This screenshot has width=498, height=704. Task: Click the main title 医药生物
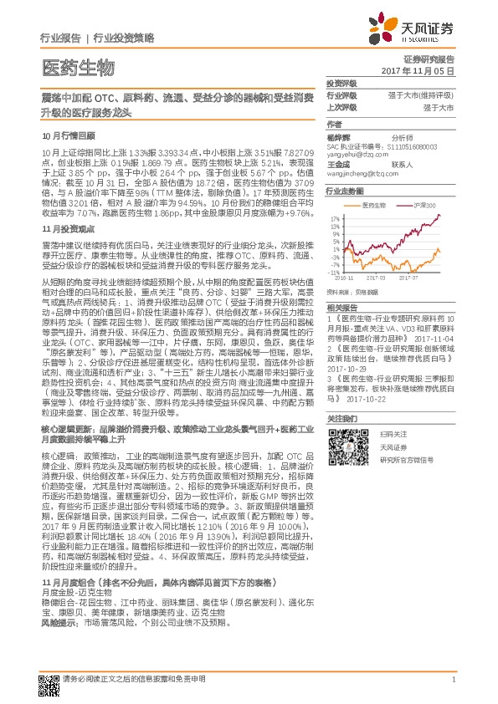coord(76,67)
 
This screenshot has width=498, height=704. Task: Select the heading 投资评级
coord(341,84)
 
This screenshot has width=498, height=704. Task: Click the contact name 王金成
coord(338,165)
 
